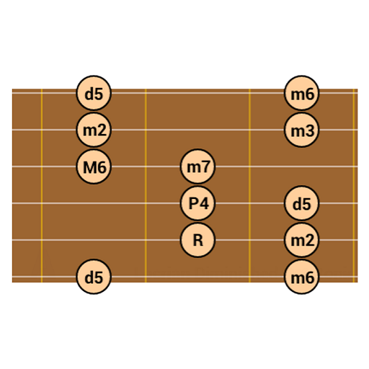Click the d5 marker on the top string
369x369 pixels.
(x=94, y=93)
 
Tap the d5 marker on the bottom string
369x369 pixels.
(x=94, y=277)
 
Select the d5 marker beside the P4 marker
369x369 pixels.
(x=301, y=203)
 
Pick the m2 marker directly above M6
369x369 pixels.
(x=94, y=130)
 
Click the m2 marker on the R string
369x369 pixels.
(x=301, y=240)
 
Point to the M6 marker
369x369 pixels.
(x=94, y=166)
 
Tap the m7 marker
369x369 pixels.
(x=197, y=166)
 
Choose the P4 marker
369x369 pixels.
(x=197, y=203)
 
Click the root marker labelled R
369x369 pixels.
(x=197, y=240)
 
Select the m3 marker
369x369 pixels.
(x=301, y=130)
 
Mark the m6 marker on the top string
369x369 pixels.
(x=301, y=93)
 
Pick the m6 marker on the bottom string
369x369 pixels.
(x=301, y=277)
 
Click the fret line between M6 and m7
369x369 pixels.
(x=146, y=185)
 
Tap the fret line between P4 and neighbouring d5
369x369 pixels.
(x=250, y=185)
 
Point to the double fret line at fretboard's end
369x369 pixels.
(x=354, y=185)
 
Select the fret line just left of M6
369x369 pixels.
(x=42, y=185)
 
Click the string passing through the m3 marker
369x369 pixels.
(x=185, y=130)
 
